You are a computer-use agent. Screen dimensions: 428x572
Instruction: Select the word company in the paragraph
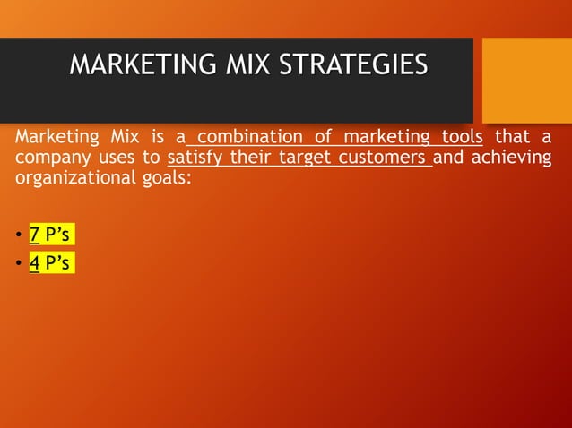(x=49, y=158)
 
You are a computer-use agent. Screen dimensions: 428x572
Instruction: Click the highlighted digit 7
(x=34, y=235)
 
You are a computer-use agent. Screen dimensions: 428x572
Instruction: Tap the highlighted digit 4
(x=34, y=264)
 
